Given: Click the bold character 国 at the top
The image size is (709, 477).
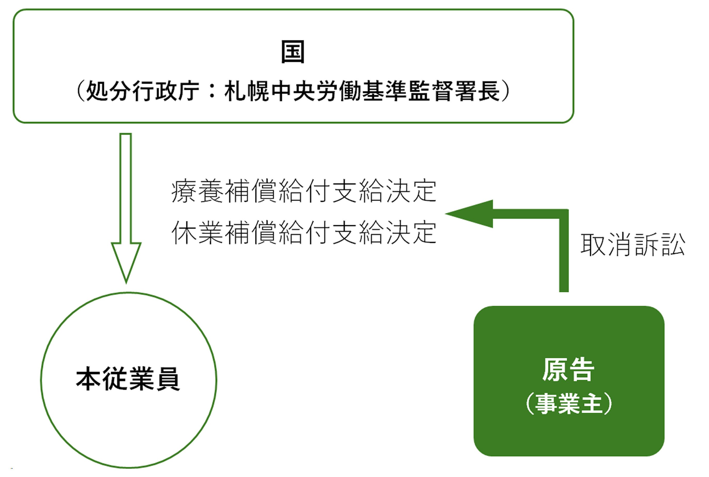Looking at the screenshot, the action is [292, 52].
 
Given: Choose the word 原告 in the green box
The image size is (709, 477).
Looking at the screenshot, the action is [568, 369].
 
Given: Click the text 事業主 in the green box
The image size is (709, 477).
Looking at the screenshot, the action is [568, 403].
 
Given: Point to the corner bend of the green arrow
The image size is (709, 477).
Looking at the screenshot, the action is [564, 214].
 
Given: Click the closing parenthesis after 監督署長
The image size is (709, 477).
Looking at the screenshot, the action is [506, 91].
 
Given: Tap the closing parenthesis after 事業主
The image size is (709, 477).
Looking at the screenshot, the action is [608, 403].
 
